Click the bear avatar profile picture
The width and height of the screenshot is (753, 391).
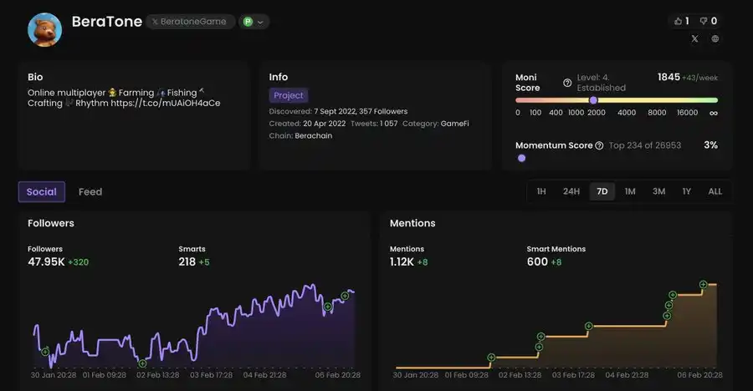[x=44, y=28]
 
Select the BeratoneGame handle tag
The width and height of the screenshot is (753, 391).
[x=190, y=22]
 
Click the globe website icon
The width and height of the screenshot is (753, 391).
[x=715, y=38]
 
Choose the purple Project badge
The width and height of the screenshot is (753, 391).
[x=289, y=95]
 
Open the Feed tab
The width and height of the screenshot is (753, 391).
[x=90, y=191]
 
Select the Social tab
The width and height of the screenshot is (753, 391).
[x=41, y=191]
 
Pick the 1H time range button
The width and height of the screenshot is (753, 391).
[x=541, y=191]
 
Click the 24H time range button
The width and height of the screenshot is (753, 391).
[x=571, y=191]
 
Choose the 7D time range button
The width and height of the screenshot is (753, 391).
[x=602, y=191]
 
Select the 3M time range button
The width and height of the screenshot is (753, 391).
[x=658, y=191]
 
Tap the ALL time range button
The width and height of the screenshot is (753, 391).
[x=715, y=191]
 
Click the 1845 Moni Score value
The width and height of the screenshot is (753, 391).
[x=668, y=77]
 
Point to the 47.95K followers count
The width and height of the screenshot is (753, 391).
[x=46, y=262]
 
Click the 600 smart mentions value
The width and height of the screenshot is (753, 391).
[x=537, y=262]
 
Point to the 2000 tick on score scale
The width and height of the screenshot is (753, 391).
[x=597, y=113]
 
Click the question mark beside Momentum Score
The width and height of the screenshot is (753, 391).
[x=599, y=145]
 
